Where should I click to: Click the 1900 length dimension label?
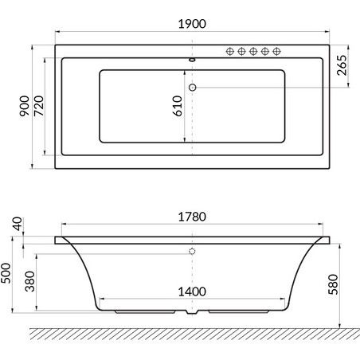click(x=192, y=24)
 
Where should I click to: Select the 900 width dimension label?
click(x=25, y=106)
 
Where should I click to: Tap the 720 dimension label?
click(x=39, y=106)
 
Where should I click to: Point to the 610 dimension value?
click(x=178, y=106)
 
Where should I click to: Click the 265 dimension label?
click(x=342, y=65)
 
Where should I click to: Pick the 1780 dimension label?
click(x=192, y=217)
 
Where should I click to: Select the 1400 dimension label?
click(x=192, y=292)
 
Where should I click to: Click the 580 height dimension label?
click(x=334, y=284)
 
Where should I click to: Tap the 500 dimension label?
click(x=6, y=273)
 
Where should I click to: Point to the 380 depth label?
click(x=29, y=281)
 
